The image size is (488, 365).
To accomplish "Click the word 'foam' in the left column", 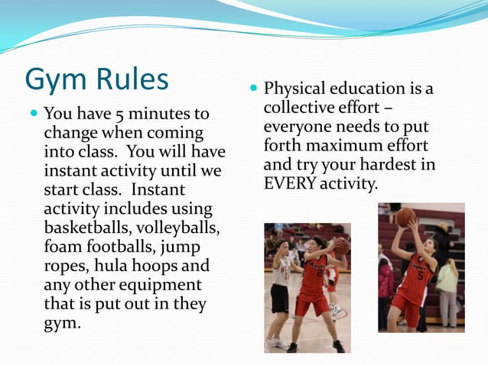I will (x=63, y=247).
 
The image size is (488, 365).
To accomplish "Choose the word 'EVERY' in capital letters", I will (x=288, y=184).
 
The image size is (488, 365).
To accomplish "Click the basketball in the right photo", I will (x=405, y=216).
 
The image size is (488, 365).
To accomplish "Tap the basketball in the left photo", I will (x=341, y=246).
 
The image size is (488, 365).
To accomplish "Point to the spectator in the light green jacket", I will (x=447, y=283).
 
